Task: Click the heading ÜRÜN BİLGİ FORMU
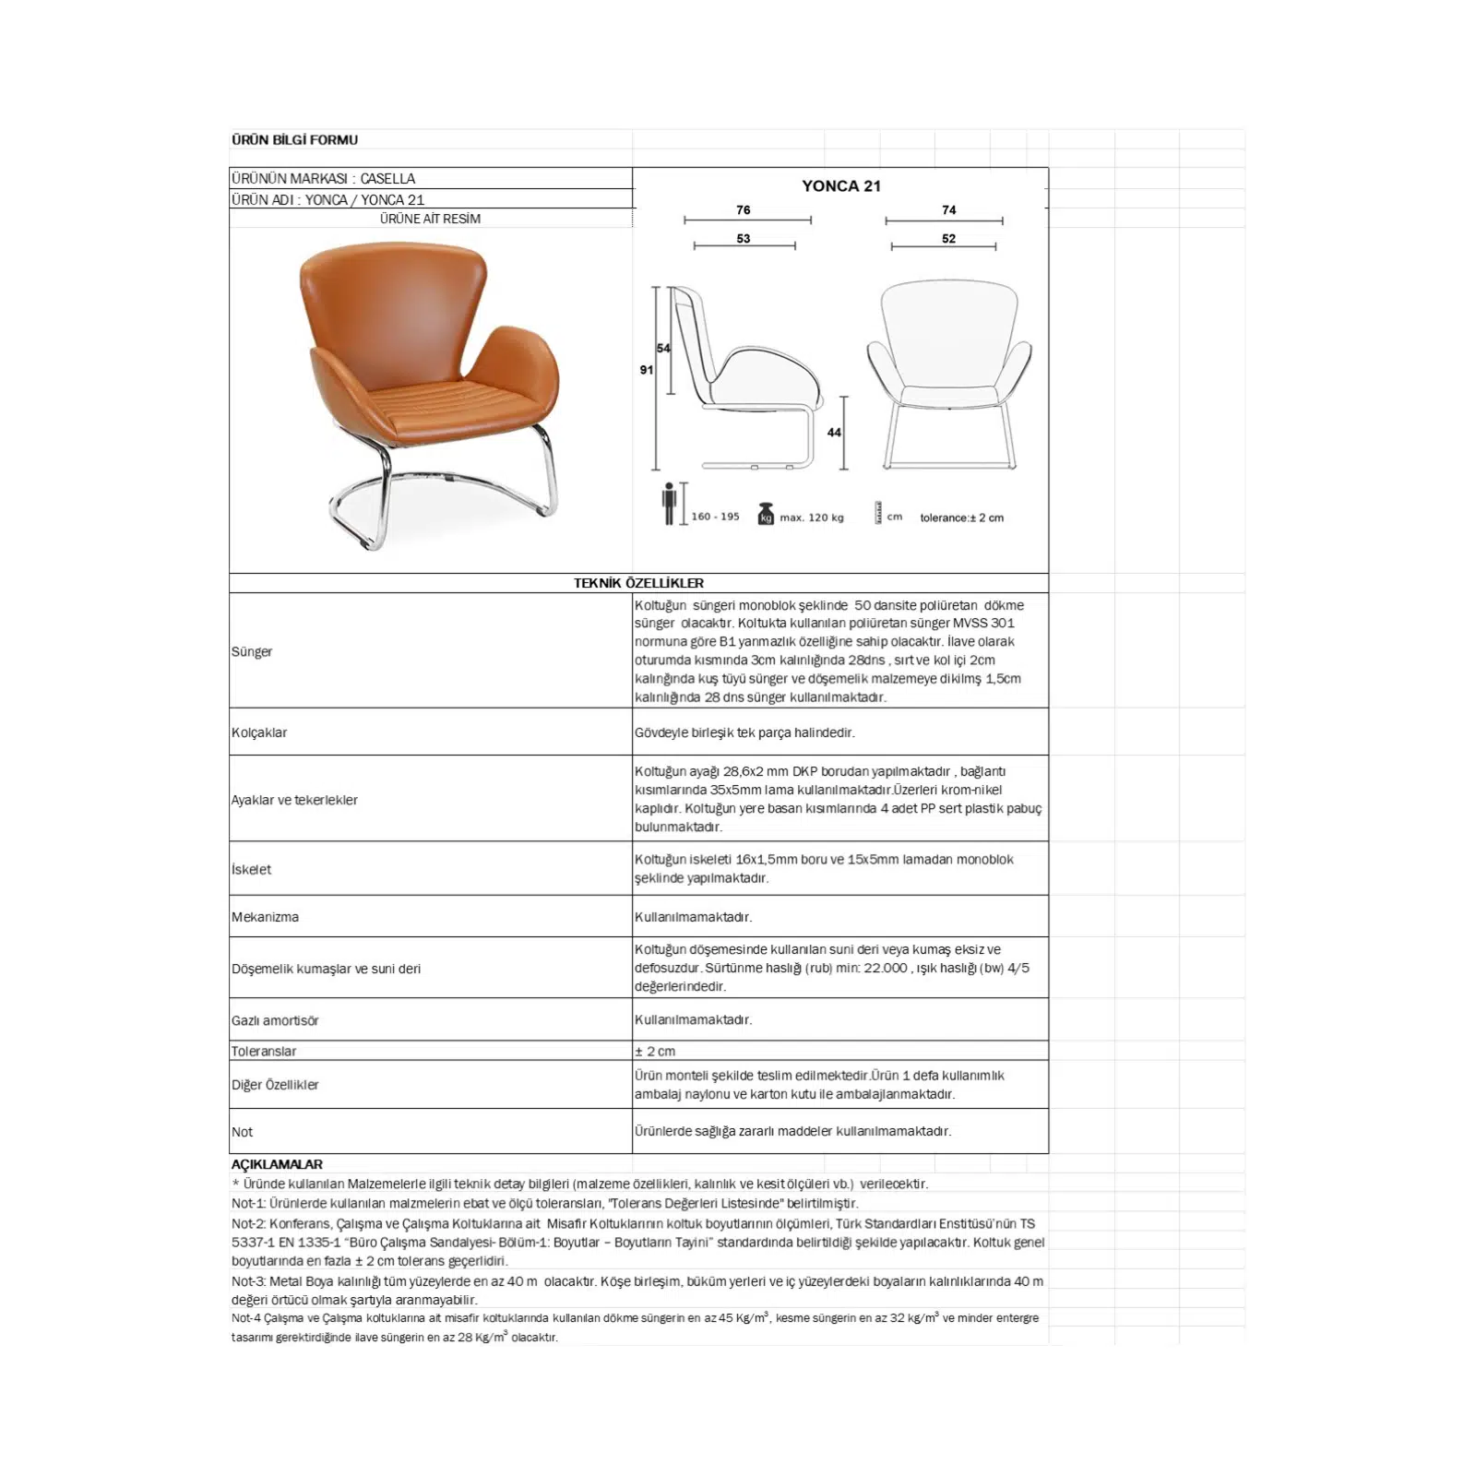pyautogui.click(x=294, y=140)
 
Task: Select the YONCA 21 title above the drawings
pyautogui.click(x=840, y=185)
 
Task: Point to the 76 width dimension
pyautogui.click(x=744, y=210)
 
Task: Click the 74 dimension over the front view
pyautogui.click(x=948, y=210)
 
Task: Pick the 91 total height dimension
pyautogui.click(x=646, y=370)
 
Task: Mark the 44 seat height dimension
pyautogui.click(x=834, y=433)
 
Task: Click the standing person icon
pyautogui.click(x=669, y=504)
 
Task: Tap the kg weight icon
pyautogui.click(x=766, y=515)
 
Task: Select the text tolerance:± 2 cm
pyautogui.click(x=961, y=518)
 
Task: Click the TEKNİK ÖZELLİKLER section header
pyautogui.click(x=638, y=583)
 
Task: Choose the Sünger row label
pyautogui.click(x=252, y=651)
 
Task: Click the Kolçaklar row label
pyautogui.click(x=259, y=732)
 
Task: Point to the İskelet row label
pyautogui.click(x=252, y=869)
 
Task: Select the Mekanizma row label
pyautogui.click(x=265, y=917)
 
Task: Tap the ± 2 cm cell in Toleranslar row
pyautogui.click(x=655, y=1052)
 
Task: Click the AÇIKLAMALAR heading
pyautogui.click(x=277, y=1164)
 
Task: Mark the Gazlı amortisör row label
pyautogui.click(x=275, y=1020)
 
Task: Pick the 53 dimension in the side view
pyautogui.click(x=744, y=239)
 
